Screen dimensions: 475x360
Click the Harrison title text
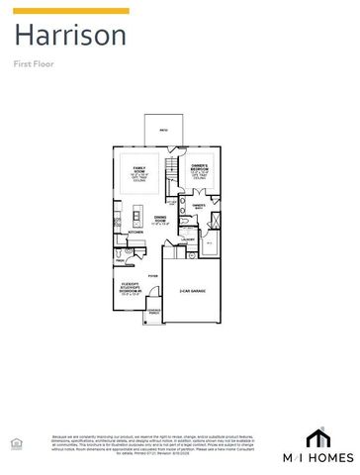(69, 37)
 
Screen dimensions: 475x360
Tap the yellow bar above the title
(70, 11)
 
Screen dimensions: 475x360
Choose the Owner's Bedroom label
(199, 170)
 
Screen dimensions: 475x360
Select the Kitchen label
(135, 233)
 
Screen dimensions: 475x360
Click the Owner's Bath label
(199, 207)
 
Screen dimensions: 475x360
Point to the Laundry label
(188, 239)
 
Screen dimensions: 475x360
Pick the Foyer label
(153, 276)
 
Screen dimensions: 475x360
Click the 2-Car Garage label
(192, 291)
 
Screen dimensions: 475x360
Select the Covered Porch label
(154, 316)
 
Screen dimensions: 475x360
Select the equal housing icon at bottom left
(13, 441)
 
